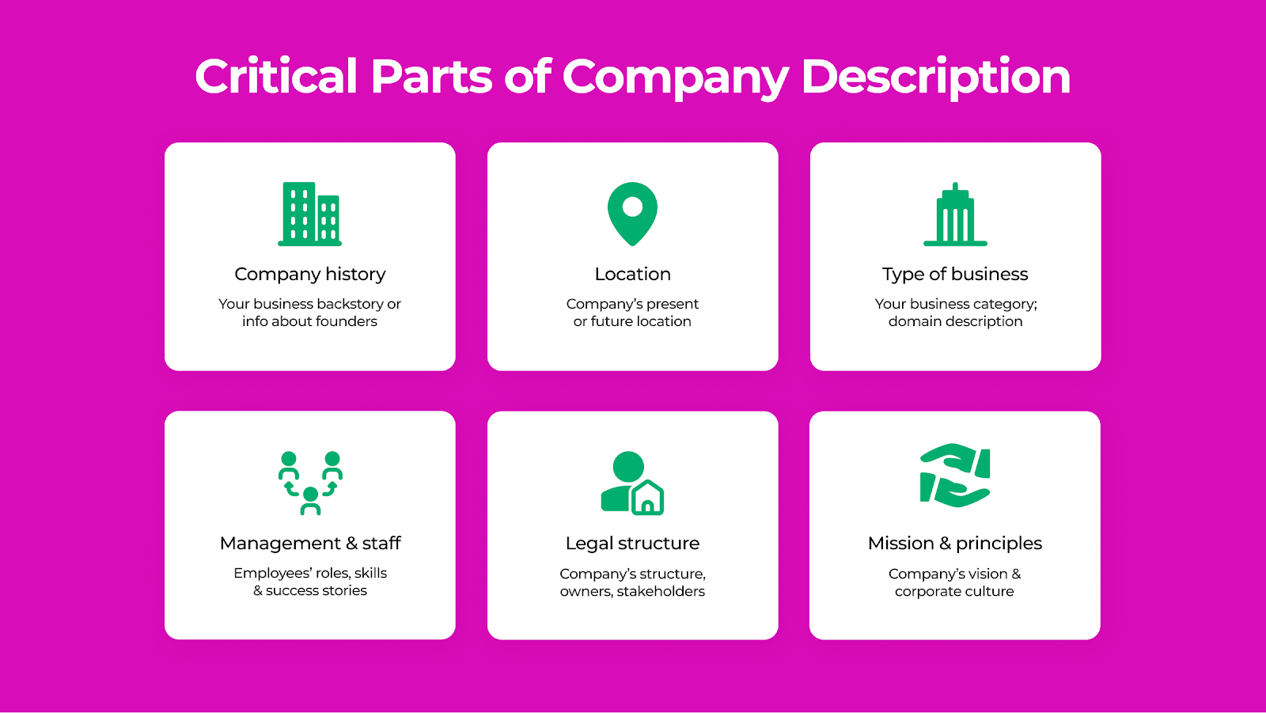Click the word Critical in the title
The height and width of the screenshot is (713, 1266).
[276, 76]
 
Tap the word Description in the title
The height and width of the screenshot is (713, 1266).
[935, 78]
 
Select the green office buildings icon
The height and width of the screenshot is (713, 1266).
[309, 214]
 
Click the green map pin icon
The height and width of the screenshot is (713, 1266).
[632, 214]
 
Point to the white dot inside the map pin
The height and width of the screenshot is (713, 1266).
[632, 207]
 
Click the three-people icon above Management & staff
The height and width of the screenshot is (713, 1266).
[310, 483]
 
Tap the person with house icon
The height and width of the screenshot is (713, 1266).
[632, 483]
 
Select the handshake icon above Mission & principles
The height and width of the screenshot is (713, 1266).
[955, 475]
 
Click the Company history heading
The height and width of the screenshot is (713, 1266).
[309, 275]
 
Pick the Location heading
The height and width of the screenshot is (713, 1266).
[632, 274]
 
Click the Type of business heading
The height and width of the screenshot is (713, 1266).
[955, 275]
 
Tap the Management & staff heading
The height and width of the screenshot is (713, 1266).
[310, 544]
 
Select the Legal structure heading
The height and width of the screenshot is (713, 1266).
[632, 544]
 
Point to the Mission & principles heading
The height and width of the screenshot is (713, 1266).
[954, 544]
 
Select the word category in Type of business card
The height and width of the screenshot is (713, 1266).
[1005, 304]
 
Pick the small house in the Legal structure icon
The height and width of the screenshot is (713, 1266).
[648, 498]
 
